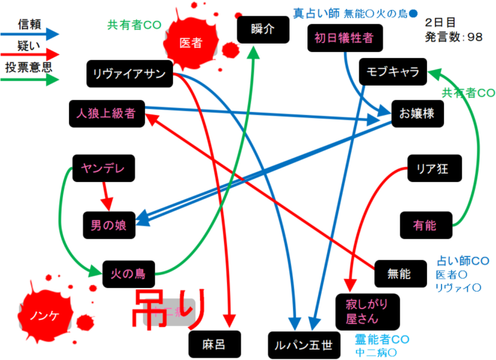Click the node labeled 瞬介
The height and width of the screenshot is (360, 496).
pos(262,29)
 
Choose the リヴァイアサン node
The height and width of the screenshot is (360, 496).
pos(130,73)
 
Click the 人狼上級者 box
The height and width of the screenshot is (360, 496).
pos(105,113)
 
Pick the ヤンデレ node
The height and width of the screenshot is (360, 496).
pos(103,169)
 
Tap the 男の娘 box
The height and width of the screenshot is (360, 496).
pos(113,223)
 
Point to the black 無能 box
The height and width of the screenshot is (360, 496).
pos(398,274)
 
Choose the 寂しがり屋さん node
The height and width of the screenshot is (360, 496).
pos(367,310)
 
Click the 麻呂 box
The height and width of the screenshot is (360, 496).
pos(213,344)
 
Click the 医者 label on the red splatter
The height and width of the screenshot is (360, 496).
pos(191,44)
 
